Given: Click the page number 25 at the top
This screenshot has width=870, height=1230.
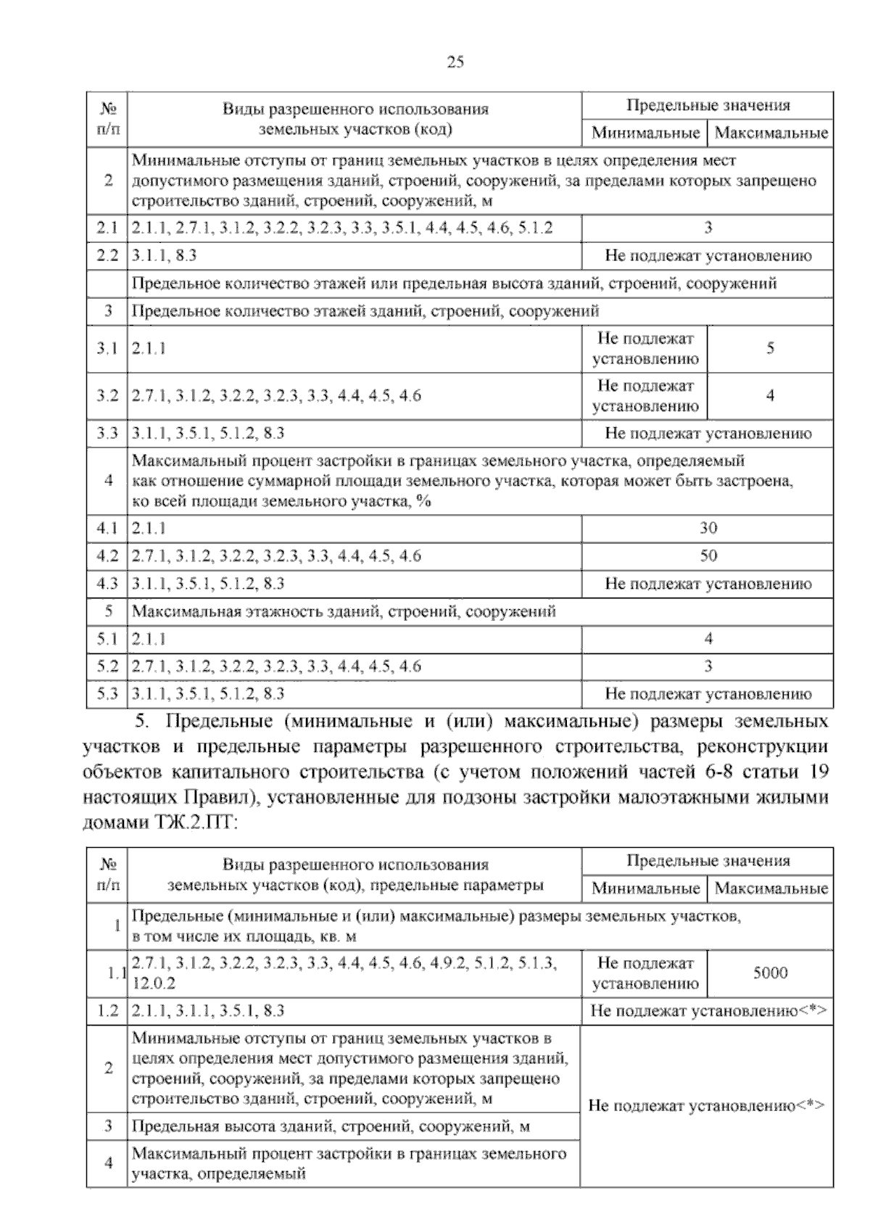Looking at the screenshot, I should [x=455, y=62].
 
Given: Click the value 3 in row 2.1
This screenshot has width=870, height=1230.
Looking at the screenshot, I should [x=708, y=228].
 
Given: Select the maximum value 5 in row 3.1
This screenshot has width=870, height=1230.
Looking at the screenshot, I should [x=770, y=348].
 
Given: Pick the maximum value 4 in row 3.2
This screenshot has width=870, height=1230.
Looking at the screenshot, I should [x=770, y=396].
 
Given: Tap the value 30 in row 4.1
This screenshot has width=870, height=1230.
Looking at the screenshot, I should [x=708, y=528].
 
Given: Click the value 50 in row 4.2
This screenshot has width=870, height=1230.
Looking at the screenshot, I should [x=708, y=556].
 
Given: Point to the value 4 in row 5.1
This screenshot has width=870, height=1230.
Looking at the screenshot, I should [x=708, y=639].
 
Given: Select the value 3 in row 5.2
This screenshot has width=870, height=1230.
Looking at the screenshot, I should [x=708, y=666].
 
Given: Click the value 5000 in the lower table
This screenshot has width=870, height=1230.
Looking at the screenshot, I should [x=770, y=973].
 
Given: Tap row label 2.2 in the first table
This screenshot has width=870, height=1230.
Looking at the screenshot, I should [x=107, y=255].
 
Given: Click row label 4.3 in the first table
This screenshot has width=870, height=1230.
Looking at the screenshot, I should [x=107, y=584].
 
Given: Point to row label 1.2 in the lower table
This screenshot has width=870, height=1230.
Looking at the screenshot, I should [x=107, y=1011].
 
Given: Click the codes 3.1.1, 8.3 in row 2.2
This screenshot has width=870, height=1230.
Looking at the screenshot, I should [x=165, y=255].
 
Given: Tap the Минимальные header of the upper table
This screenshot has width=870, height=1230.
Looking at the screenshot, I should [x=645, y=133].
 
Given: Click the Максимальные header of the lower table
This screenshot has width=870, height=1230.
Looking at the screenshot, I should [x=770, y=888].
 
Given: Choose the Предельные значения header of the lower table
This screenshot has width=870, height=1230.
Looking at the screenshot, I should [x=708, y=861].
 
